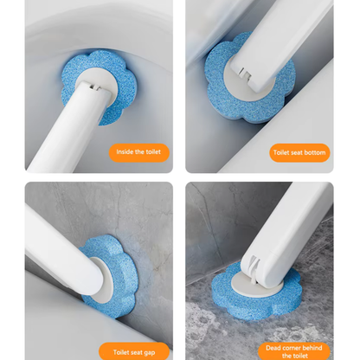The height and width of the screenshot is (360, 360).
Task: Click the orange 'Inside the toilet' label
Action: (x=138, y=154)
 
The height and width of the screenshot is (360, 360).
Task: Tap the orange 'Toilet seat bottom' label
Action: (x=300, y=153)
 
